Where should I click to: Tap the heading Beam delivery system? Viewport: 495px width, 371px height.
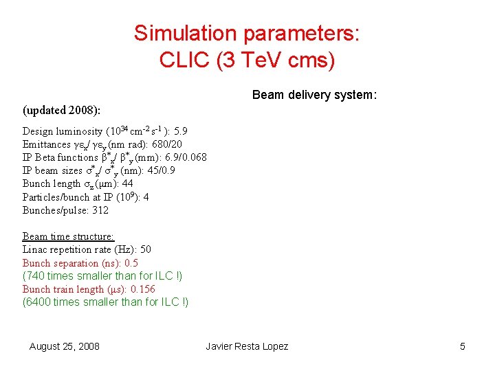click(314, 95)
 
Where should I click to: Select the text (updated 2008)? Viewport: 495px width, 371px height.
click(61, 110)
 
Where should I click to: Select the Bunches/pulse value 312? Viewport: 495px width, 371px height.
click(100, 210)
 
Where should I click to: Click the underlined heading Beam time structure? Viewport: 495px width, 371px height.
click(68, 236)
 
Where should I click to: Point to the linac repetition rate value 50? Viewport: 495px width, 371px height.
click(145, 249)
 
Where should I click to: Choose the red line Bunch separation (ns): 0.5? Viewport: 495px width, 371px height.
click(80, 262)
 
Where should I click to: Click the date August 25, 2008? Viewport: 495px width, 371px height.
click(64, 346)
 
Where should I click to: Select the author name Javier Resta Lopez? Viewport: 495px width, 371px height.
click(247, 346)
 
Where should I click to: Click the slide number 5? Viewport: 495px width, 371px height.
click(463, 346)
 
